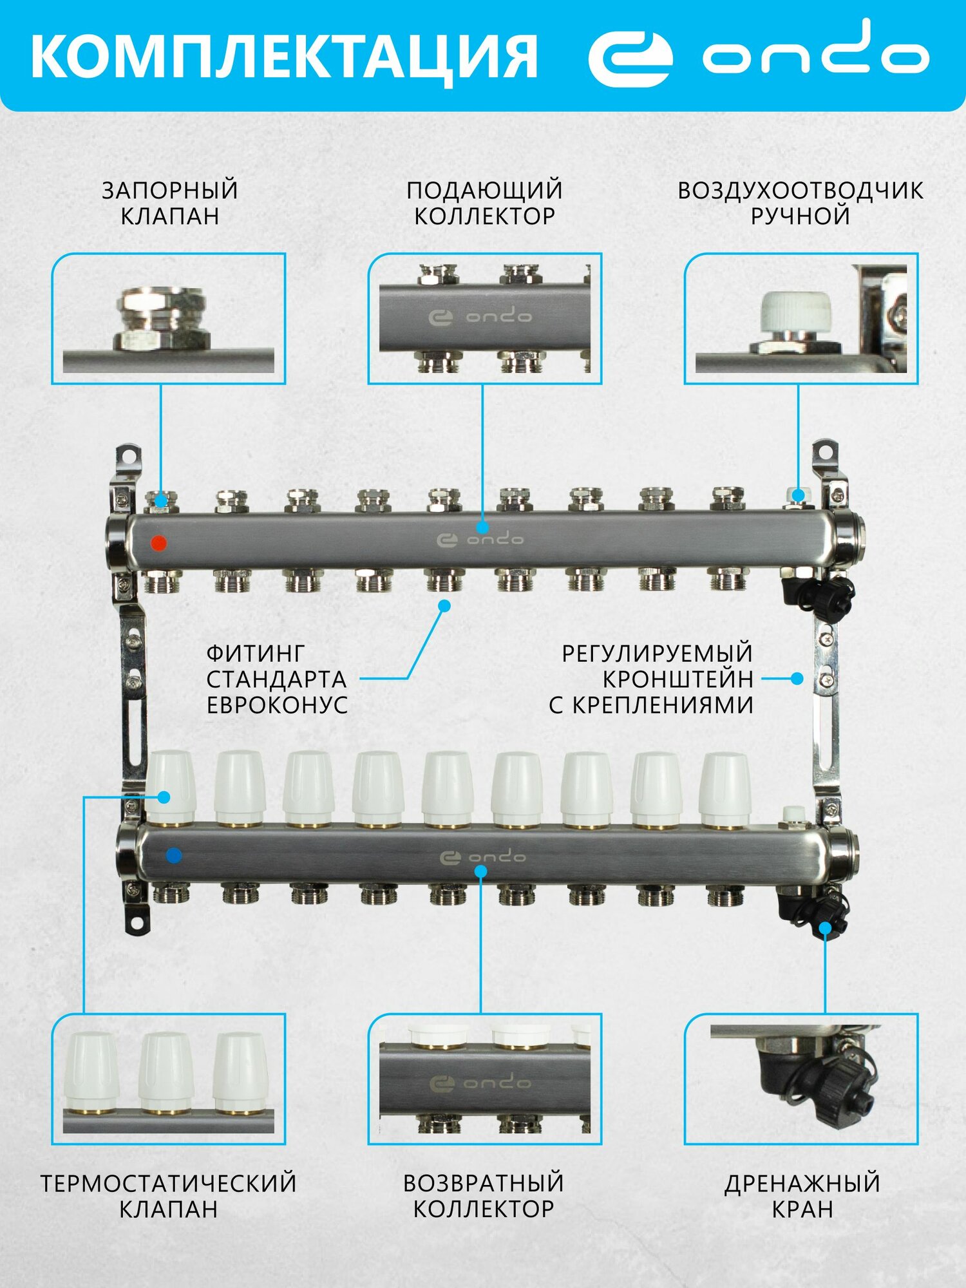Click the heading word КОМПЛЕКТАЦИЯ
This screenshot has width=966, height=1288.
[283, 57]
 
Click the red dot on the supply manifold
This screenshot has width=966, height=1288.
[158, 543]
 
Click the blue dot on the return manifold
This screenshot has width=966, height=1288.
[173, 856]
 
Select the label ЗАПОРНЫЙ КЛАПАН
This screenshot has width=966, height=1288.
[170, 203]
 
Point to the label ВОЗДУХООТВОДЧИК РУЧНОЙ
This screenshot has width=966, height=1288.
[800, 203]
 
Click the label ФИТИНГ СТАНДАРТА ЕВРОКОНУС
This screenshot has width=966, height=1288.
[277, 679]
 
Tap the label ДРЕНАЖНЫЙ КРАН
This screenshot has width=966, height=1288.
[802, 1196]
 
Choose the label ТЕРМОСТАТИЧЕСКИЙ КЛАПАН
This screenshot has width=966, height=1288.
[169, 1196]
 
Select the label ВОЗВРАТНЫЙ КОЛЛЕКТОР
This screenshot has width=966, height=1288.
[484, 1196]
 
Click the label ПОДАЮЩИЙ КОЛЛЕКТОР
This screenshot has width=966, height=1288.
[484, 203]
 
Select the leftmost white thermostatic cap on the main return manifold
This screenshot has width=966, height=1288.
[171, 788]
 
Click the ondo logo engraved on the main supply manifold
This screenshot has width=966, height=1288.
[480, 539]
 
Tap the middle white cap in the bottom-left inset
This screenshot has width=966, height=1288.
[166, 1072]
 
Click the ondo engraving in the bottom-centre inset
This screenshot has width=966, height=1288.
[480, 1083]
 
